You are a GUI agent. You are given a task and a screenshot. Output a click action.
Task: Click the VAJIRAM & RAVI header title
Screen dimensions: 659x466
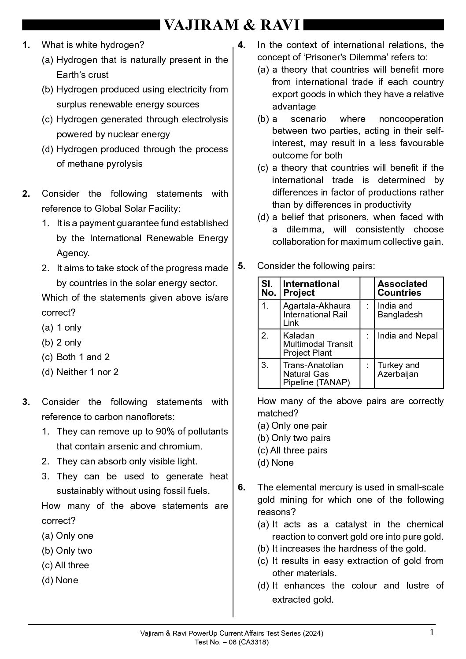[232, 25]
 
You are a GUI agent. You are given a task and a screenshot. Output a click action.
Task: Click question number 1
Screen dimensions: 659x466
[26, 45]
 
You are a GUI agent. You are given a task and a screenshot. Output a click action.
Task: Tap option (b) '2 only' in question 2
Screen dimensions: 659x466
[69, 342]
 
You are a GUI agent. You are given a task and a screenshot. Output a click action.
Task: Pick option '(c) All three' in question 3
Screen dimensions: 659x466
[66, 565]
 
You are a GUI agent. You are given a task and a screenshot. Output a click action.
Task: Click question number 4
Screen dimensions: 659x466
[242, 45]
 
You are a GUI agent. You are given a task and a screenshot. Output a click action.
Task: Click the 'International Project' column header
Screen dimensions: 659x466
[311, 288]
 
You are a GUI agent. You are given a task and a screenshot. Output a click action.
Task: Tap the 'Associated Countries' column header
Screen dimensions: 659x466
[402, 288]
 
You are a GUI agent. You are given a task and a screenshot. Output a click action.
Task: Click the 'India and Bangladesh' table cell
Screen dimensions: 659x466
[400, 310]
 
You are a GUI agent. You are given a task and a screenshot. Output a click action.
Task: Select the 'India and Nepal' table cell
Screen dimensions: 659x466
[407, 336]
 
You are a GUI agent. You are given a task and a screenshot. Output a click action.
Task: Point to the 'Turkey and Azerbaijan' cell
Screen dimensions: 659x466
[398, 369]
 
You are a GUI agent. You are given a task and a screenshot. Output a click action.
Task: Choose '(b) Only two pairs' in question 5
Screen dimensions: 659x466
[294, 438]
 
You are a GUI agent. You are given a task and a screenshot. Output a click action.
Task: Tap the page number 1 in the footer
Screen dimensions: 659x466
[432, 633]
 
